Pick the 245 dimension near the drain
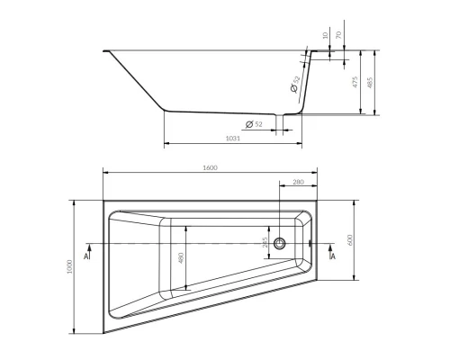[x=265, y=243]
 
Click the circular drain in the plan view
[x=280, y=243]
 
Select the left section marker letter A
[x=85, y=256]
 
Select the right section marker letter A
[x=333, y=256]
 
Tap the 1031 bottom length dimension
[x=231, y=138]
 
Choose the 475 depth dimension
[x=356, y=82]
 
